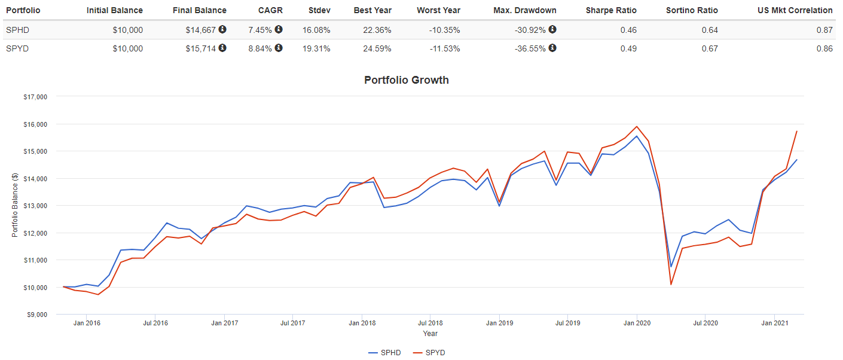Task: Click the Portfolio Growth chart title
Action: [x=406, y=80]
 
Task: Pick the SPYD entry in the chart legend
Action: [x=429, y=353]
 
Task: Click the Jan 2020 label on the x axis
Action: [x=637, y=324]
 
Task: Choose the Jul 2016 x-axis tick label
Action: [x=155, y=324]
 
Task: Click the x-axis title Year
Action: [x=430, y=334]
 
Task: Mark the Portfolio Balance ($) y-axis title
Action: [x=15, y=205]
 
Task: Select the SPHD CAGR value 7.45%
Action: [x=260, y=30]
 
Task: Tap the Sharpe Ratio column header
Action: [x=612, y=10]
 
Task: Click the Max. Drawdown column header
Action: [x=526, y=10]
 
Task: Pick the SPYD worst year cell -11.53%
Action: [x=445, y=48]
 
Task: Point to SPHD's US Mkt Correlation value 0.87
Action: [x=824, y=30]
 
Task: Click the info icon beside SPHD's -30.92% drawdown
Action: [x=552, y=29]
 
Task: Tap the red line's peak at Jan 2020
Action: [x=637, y=127]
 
